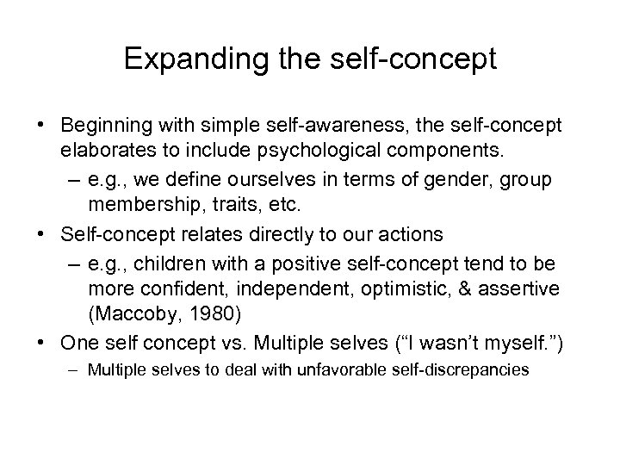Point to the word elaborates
pos(102,153)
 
